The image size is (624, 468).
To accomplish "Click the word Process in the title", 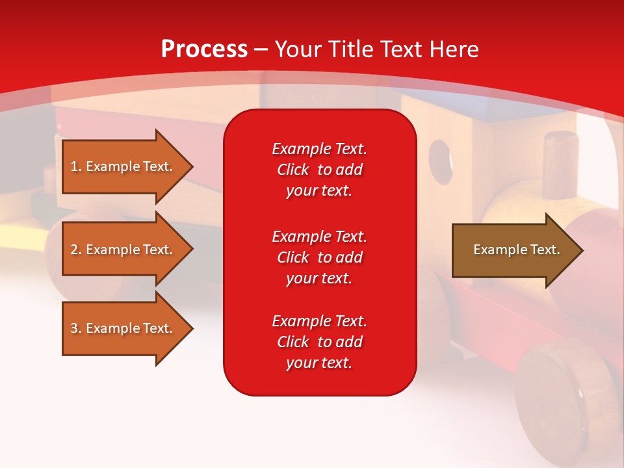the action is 205,49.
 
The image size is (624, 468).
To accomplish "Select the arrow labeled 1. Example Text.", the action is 127,167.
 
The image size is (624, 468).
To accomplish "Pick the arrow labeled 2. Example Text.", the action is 127,249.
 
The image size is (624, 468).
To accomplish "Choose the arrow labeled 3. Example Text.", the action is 127,328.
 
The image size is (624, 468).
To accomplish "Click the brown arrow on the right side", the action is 517,250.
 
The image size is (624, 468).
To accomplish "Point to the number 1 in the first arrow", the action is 74,167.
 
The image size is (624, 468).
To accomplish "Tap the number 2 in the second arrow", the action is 74,250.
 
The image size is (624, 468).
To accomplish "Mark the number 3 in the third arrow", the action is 74,328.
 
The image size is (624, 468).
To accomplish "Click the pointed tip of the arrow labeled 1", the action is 193,167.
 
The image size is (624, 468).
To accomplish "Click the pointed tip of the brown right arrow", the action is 583,250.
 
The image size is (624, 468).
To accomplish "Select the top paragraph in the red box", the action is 320,170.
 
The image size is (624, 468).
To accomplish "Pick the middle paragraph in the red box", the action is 320,257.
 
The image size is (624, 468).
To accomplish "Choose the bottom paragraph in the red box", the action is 320,342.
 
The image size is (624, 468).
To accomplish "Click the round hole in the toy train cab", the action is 440,162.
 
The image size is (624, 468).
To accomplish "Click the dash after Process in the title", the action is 261,51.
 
